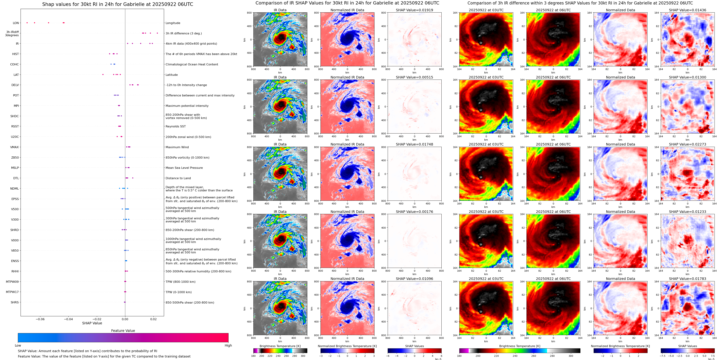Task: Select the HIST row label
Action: (x=15, y=54)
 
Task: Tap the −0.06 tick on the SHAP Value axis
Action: (x=40, y=319)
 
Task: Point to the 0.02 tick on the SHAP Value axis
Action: (x=153, y=319)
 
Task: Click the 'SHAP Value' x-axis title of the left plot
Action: (x=92, y=323)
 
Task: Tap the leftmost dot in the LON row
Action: (x=27, y=23)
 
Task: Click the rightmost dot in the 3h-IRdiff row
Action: (x=157, y=33)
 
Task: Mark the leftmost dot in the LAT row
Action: (x=103, y=75)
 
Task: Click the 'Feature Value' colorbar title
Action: (x=123, y=331)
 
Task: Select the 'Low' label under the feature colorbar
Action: (x=18, y=345)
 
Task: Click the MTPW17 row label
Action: (x=12, y=292)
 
